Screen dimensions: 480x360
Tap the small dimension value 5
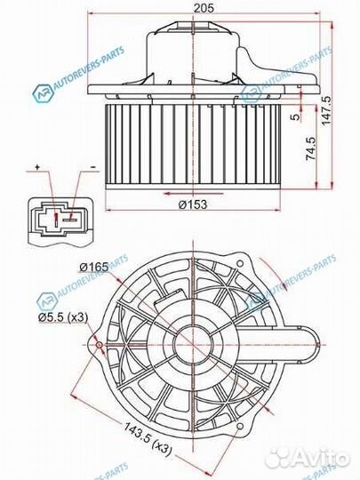294,116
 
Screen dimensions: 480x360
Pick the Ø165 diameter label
92,267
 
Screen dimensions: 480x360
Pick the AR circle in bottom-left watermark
43,302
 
